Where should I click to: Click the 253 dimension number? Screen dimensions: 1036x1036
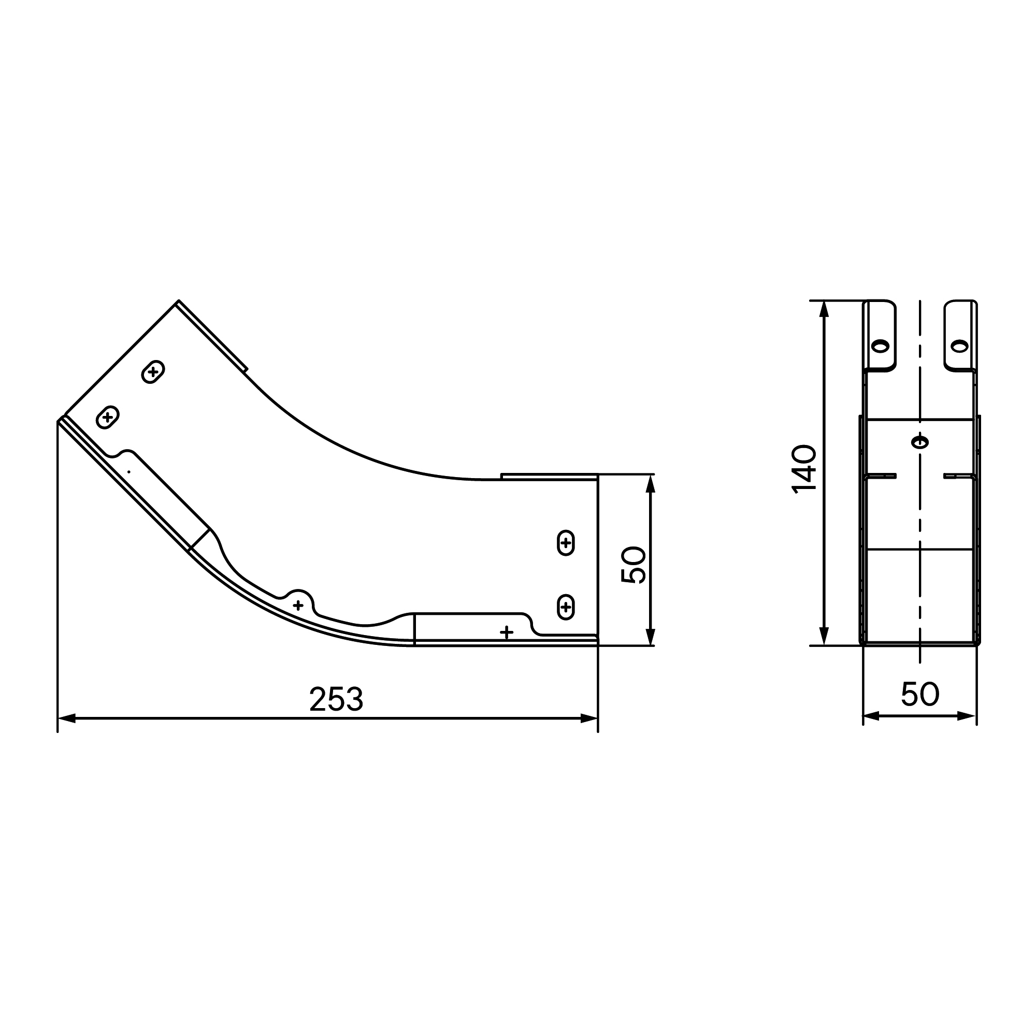coord(336,699)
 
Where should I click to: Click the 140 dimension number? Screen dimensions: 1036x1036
coord(804,469)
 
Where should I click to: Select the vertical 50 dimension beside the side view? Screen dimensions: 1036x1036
coord(634,565)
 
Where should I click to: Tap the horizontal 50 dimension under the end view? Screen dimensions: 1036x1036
coord(919,694)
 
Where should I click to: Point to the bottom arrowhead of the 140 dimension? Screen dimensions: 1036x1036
coord(825,637)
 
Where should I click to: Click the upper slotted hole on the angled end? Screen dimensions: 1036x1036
coord(153,371)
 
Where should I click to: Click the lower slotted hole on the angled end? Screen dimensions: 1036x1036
coord(108,416)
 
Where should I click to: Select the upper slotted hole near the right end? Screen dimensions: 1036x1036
coord(566,543)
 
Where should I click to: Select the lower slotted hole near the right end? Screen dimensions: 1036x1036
coord(566,607)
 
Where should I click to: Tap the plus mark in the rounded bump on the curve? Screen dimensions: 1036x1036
coord(298,606)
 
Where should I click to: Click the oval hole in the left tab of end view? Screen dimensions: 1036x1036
coord(880,347)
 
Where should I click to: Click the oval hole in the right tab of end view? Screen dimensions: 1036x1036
coord(959,347)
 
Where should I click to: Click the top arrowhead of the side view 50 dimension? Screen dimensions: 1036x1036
coord(651,483)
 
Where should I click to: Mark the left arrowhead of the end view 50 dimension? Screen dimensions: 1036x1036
coord(871,716)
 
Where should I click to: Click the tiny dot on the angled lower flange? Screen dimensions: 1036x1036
coord(128,472)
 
